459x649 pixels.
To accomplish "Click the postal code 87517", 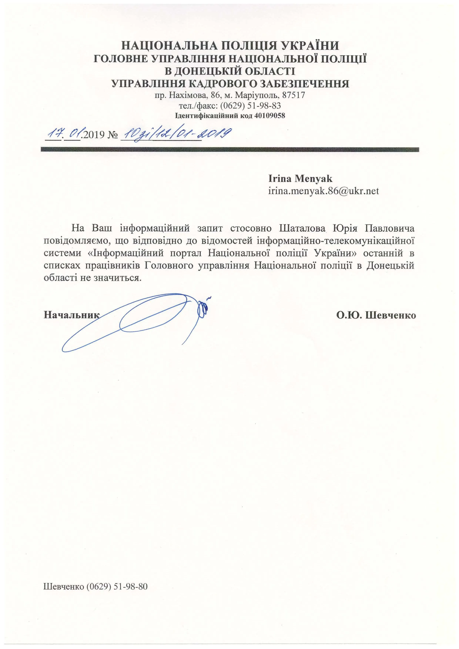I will (294, 95).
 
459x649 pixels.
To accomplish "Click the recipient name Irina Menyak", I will (300, 179).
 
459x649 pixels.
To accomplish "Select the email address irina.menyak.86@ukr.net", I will (323, 191).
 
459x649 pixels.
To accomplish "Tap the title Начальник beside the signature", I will (72, 315).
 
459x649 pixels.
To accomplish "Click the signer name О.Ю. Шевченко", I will (376, 315).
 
